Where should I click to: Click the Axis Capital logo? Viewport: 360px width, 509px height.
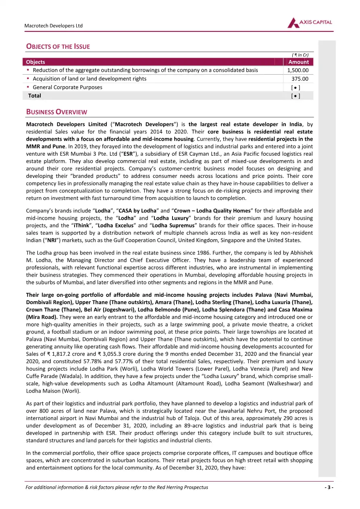pos(310,23)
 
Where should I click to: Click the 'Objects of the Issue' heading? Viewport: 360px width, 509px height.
pos(58,46)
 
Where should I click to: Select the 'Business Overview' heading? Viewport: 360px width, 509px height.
pos(56,112)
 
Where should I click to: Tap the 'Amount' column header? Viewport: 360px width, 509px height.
pos(298,62)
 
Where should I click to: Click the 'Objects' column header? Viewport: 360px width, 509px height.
pos(35,62)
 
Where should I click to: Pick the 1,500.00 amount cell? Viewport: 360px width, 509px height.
pos(298,70)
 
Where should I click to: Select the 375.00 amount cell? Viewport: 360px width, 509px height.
pos(300,79)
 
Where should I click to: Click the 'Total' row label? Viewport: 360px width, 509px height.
pos(34,96)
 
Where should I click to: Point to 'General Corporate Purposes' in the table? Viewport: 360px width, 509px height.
pos(67,87)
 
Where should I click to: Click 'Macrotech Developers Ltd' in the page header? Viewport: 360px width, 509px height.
pos(54,26)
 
